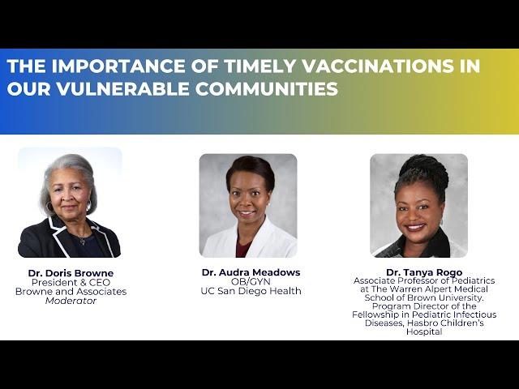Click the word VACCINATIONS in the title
click(378, 66)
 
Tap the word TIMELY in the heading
click(259, 66)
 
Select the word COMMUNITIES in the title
click(267, 88)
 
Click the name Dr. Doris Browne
click(71, 273)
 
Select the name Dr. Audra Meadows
click(251, 272)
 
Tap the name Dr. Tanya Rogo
click(424, 272)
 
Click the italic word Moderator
click(71, 301)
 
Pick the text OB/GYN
click(251, 282)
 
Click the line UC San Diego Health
click(251, 291)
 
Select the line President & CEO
click(71, 283)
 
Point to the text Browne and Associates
click(71, 292)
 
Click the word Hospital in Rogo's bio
click(424, 331)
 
